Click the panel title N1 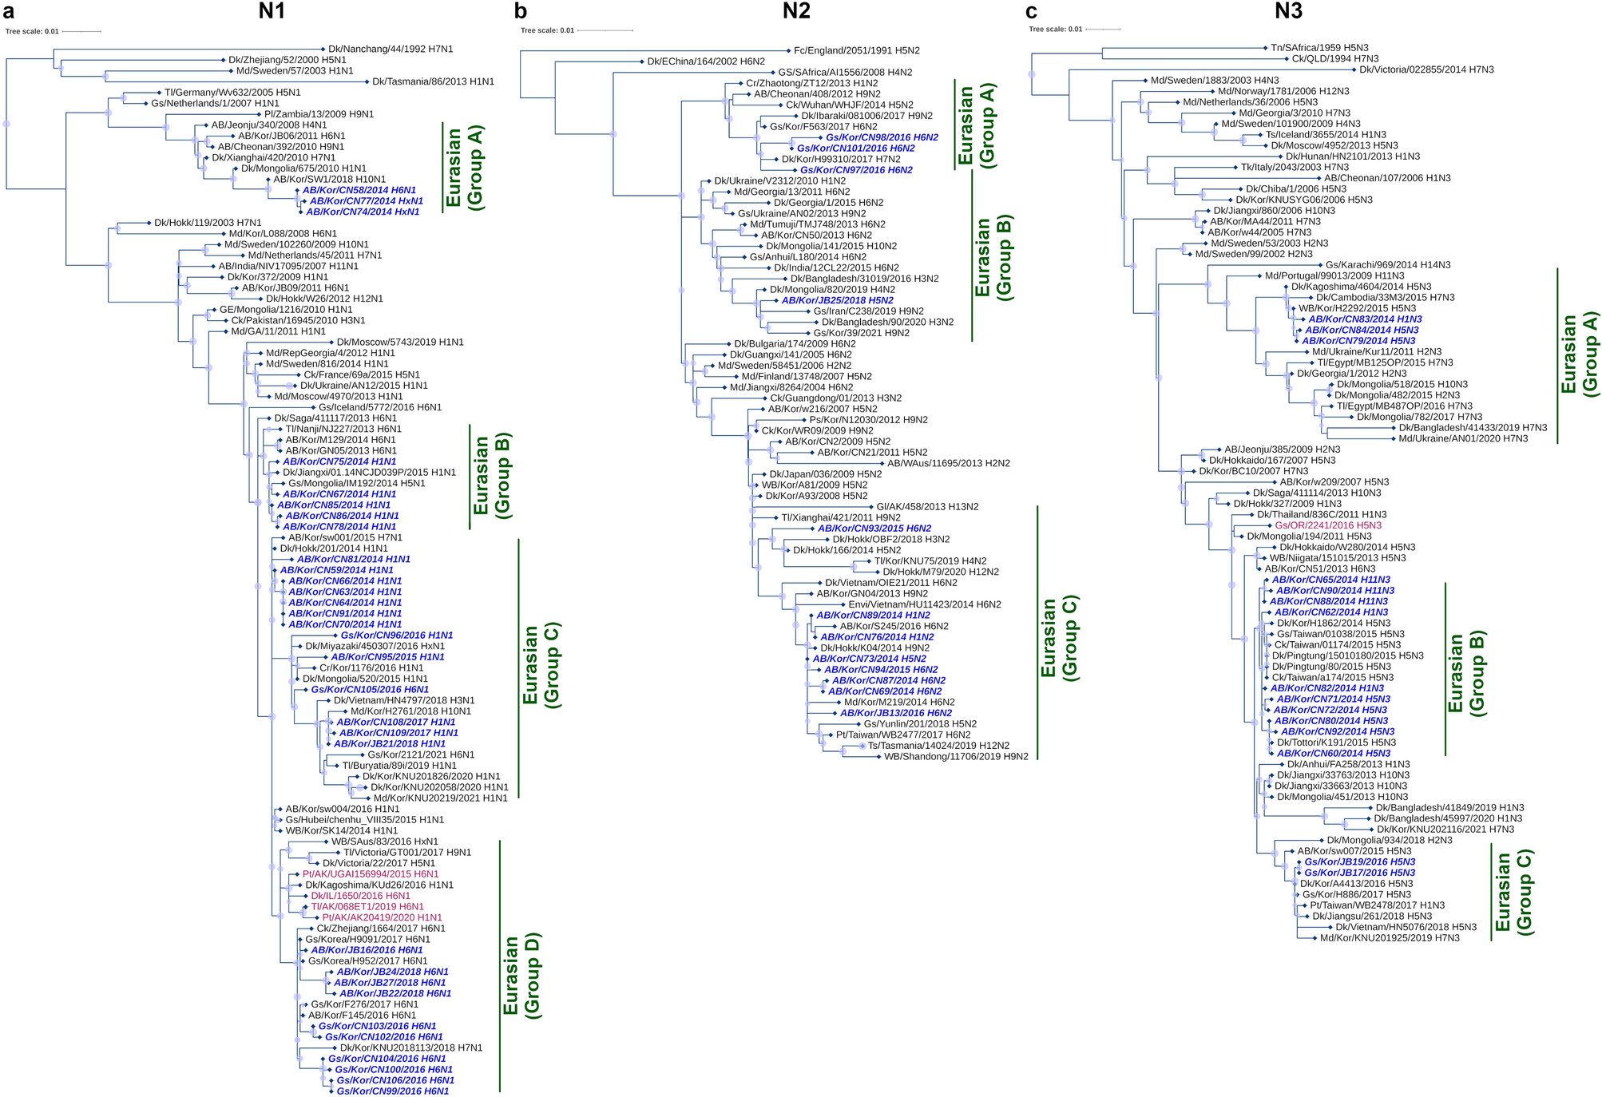272,10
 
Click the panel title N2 795,10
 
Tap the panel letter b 521,11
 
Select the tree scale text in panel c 1055,30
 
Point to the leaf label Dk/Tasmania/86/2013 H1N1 433,81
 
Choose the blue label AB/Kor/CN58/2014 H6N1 359,191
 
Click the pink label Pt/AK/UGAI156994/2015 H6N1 371,874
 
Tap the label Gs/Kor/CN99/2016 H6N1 393,1091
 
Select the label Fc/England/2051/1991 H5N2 857,51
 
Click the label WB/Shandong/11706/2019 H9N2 956,757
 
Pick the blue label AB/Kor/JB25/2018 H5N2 838,301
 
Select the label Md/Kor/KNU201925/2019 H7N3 1390,938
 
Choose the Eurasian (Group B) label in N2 993,257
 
